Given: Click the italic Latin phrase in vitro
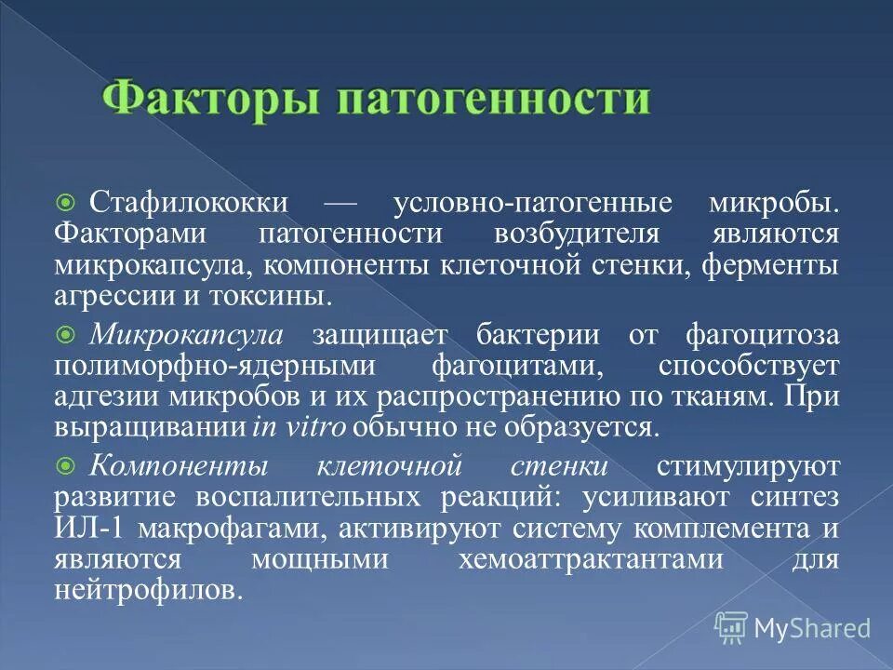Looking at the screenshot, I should (299, 429).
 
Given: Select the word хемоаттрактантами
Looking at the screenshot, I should (591, 560).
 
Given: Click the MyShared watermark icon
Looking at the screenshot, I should (732, 626).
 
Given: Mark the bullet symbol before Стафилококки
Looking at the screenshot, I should (65, 203).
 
